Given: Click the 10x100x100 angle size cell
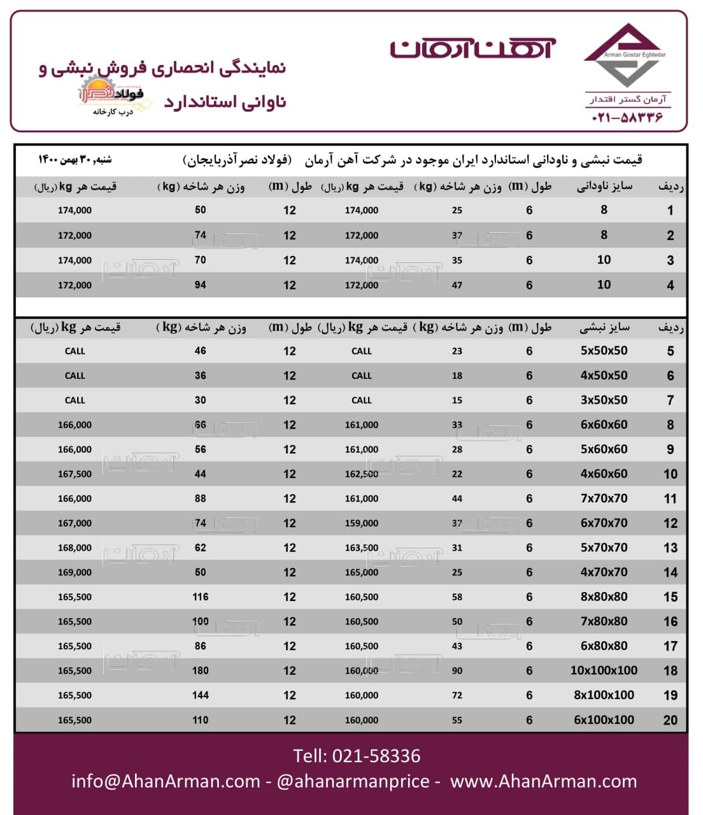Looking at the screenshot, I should click(604, 670).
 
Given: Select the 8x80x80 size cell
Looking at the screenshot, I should click(604, 597).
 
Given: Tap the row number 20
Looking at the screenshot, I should click(670, 720).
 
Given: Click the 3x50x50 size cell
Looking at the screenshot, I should click(604, 400).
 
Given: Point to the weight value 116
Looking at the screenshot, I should click(201, 597).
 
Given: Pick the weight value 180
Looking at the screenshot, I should click(201, 670).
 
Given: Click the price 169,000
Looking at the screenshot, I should click(75, 572).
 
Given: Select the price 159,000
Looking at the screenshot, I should click(361, 523).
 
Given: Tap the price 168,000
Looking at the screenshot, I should click(75, 548).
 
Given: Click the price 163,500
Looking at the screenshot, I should click(361, 548).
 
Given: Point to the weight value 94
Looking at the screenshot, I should click(201, 285).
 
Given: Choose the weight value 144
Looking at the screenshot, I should click(201, 695).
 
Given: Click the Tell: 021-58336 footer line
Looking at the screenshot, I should click(357, 756).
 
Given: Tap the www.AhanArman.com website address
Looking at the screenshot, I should click(543, 781).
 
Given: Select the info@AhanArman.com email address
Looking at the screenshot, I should click(166, 781).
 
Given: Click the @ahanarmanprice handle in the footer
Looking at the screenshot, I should click(353, 781).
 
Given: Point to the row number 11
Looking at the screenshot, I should click(670, 499).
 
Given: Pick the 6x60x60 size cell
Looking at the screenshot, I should click(604, 425).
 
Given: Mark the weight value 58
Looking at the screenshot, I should click(457, 597).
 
